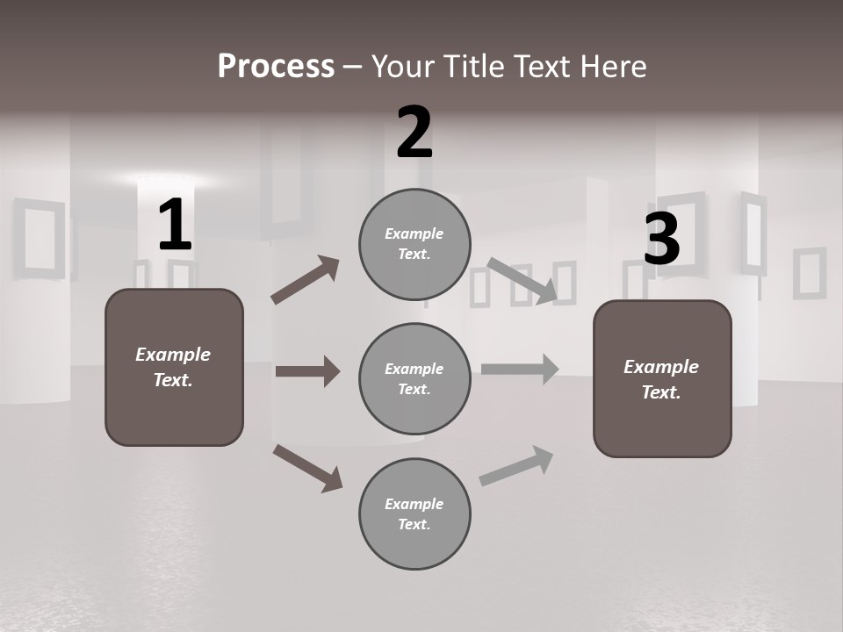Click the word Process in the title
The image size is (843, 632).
(x=276, y=66)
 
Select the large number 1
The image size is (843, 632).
(x=175, y=226)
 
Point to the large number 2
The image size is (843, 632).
(x=414, y=133)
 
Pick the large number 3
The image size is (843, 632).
(x=662, y=239)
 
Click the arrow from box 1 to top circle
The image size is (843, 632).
(x=305, y=280)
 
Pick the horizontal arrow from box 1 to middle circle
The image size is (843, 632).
(x=307, y=371)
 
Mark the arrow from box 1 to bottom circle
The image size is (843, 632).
(x=307, y=468)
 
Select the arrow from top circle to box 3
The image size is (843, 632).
(x=522, y=280)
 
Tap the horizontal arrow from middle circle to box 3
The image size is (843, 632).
(x=520, y=369)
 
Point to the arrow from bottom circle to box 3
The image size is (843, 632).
(x=516, y=466)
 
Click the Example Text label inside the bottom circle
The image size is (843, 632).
(x=414, y=514)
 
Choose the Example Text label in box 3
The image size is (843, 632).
(x=661, y=379)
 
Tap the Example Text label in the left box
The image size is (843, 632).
(x=173, y=367)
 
